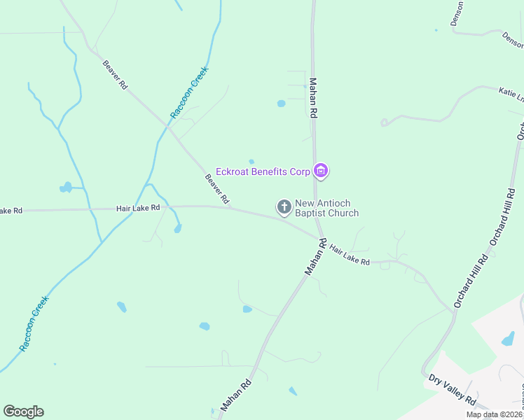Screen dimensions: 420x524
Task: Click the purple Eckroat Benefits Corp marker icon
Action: click(x=322, y=171)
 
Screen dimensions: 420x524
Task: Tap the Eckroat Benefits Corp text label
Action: click(x=263, y=171)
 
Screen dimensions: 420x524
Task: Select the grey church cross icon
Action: click(x=284, y=206)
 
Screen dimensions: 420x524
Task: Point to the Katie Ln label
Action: click(x=511, y=94)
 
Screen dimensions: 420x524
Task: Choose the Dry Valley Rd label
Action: click(x=452, y=388)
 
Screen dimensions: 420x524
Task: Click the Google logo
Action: click(x=23, y=412)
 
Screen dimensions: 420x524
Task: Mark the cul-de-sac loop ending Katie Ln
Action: click(x=384, y=122)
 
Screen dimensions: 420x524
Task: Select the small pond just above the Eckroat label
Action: click(x=251, y=162)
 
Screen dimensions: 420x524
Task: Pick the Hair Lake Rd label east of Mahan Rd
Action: click(x=349, y=254)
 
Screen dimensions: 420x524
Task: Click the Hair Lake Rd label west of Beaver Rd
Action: click(x=138, y=208)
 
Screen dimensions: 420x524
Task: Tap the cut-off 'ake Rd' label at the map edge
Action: click(x=11, y=211)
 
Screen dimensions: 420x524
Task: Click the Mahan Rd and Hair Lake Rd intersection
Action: click(x=319, y=237)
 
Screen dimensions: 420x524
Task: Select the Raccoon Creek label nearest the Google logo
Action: click(x=34, y=323)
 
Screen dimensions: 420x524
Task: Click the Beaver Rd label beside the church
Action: click(x=216, y=189)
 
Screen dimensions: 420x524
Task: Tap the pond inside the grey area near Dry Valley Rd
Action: click(x=508, y=340)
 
